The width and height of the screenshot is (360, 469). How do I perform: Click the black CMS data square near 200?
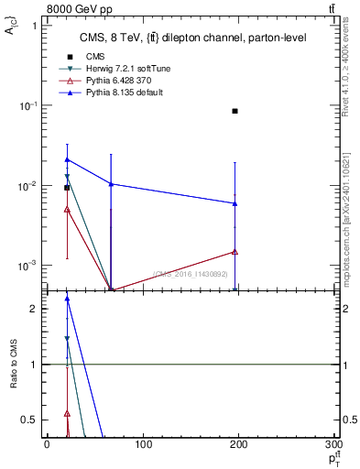[235, 111]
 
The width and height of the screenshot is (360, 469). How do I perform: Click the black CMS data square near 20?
[67, 188]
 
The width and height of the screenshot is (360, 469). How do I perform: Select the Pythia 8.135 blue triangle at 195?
[235, 203]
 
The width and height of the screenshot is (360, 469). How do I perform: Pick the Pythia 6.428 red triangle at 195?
[235, 251]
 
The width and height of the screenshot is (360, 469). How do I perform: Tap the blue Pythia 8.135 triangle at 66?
[111, 184]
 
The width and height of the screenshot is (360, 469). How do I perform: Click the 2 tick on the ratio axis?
[38, 309]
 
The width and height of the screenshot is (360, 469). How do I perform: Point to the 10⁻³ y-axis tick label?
[30, 266]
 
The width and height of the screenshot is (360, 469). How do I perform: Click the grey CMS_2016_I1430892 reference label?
[191, 274]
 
